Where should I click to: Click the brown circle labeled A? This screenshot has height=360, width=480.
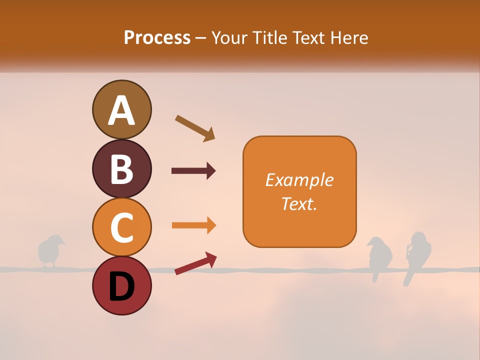(121, 109)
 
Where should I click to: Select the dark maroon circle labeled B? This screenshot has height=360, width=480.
(121, 168)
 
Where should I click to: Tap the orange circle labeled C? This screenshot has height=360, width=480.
(121, 227)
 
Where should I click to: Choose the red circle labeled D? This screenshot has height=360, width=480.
(121, 285)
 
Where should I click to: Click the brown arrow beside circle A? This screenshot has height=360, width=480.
(195, 128)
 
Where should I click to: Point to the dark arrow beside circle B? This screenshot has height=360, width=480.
(193, 171)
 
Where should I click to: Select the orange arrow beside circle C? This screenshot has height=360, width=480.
(193, 225)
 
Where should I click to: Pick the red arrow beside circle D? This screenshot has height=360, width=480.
(195, 263)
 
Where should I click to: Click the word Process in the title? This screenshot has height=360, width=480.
(157, 38)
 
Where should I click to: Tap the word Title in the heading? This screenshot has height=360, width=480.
(270, 38)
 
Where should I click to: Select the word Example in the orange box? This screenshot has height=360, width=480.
(299, 180)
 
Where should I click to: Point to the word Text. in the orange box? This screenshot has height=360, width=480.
(299, 204)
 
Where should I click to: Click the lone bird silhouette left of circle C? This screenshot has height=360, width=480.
(50, 250)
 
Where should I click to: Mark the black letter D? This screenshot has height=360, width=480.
(121, 286)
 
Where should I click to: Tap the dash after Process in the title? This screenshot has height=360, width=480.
(201, 38)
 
